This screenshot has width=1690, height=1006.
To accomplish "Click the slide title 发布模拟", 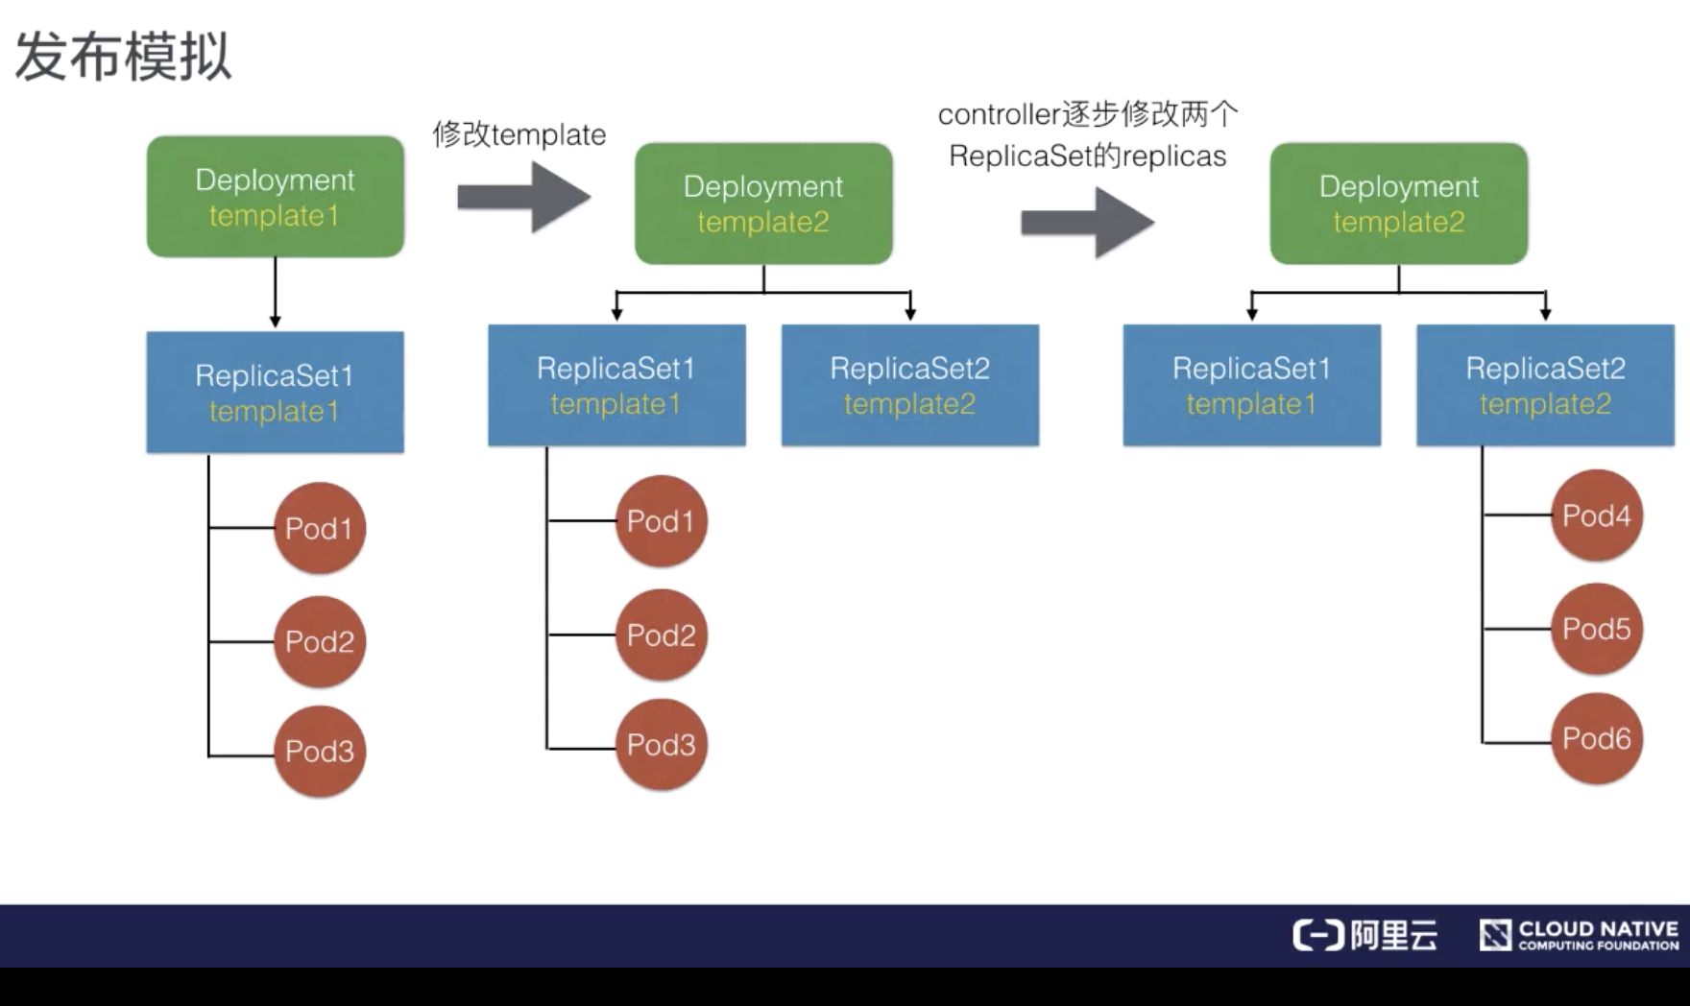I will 123,56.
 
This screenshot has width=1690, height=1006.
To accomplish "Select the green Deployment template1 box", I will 276,197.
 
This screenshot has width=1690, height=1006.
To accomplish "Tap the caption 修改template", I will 519,134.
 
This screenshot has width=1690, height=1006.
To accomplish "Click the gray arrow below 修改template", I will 523,197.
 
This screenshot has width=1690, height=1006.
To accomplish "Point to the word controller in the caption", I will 999,115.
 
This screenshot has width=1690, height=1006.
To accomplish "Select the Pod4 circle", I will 1596,516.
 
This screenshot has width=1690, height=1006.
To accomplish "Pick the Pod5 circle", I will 1596,630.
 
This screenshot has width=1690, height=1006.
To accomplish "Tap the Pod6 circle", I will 1596,739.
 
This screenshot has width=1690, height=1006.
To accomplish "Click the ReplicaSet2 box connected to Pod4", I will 1545,385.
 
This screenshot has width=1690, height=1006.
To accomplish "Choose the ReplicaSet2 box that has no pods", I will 910,385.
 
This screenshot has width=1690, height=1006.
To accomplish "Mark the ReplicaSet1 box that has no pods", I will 1252,385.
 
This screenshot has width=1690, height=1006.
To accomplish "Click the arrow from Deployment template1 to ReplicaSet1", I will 276,293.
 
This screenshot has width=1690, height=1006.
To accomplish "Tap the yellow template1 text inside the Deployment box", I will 275,216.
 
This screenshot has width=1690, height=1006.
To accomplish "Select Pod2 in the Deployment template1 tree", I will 320,641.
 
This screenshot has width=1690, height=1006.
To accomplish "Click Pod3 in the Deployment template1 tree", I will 320,752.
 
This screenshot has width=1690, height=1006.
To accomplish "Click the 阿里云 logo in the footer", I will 1365,935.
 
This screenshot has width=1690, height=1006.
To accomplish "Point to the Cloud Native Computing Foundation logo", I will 1580,935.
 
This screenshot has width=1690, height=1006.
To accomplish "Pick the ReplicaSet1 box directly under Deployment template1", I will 276,393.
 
